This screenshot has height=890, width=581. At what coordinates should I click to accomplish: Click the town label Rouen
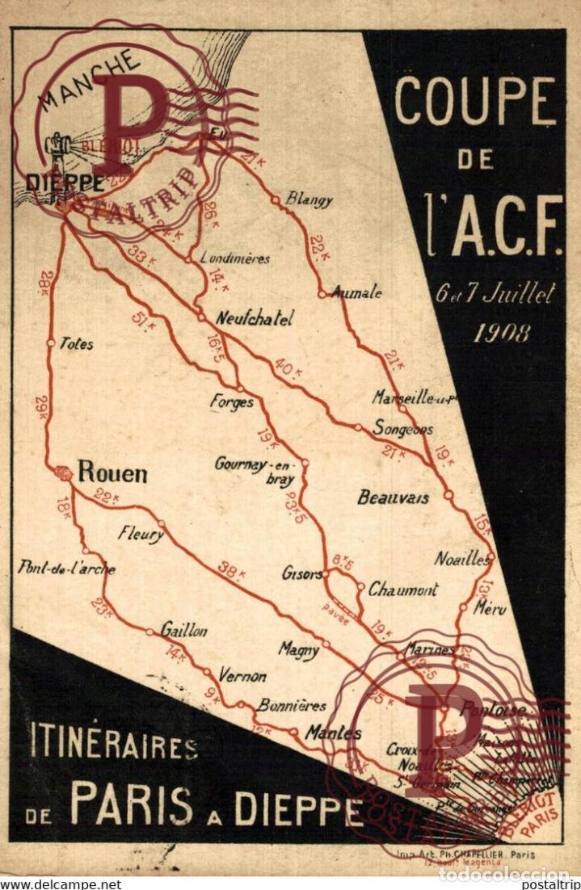tap(112, 472)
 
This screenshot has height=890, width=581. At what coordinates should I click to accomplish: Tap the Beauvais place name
tap(393, 497)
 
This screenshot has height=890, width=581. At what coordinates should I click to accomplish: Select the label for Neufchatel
tap(254, 318)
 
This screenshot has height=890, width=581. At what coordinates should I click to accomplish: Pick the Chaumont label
tap(403, 590)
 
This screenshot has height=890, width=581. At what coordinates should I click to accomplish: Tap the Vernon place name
tap(242, 676)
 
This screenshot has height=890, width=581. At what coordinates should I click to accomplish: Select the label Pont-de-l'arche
tap(66, 569)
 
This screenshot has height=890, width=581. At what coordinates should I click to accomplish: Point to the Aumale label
tap(356, 293)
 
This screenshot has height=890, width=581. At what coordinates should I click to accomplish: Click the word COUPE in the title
tap(475, 103)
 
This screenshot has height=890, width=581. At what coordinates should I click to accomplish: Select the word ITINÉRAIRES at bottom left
tap(113, 744)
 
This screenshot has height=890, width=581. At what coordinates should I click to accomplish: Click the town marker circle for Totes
tap(51, 343)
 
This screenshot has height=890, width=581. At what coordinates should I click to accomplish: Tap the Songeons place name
tap(402, 429)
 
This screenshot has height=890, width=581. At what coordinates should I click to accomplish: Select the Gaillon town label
tap(183, 631)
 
